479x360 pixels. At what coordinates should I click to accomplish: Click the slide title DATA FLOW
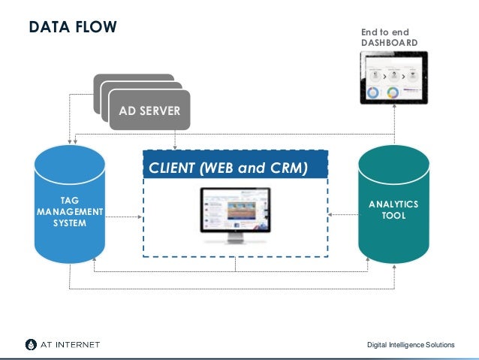[73, 28]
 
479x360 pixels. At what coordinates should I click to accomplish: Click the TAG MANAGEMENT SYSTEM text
[69, 212]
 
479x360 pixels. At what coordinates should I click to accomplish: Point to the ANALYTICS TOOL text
[393, 210]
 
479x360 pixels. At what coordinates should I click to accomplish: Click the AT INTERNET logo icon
[29, 345]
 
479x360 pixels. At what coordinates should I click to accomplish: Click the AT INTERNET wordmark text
[70, 345]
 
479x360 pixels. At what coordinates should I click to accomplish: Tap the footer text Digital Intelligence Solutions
[410, 345]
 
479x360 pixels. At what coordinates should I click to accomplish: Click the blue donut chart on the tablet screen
[372, 93]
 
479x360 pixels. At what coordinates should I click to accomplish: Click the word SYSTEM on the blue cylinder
[69, 223]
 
